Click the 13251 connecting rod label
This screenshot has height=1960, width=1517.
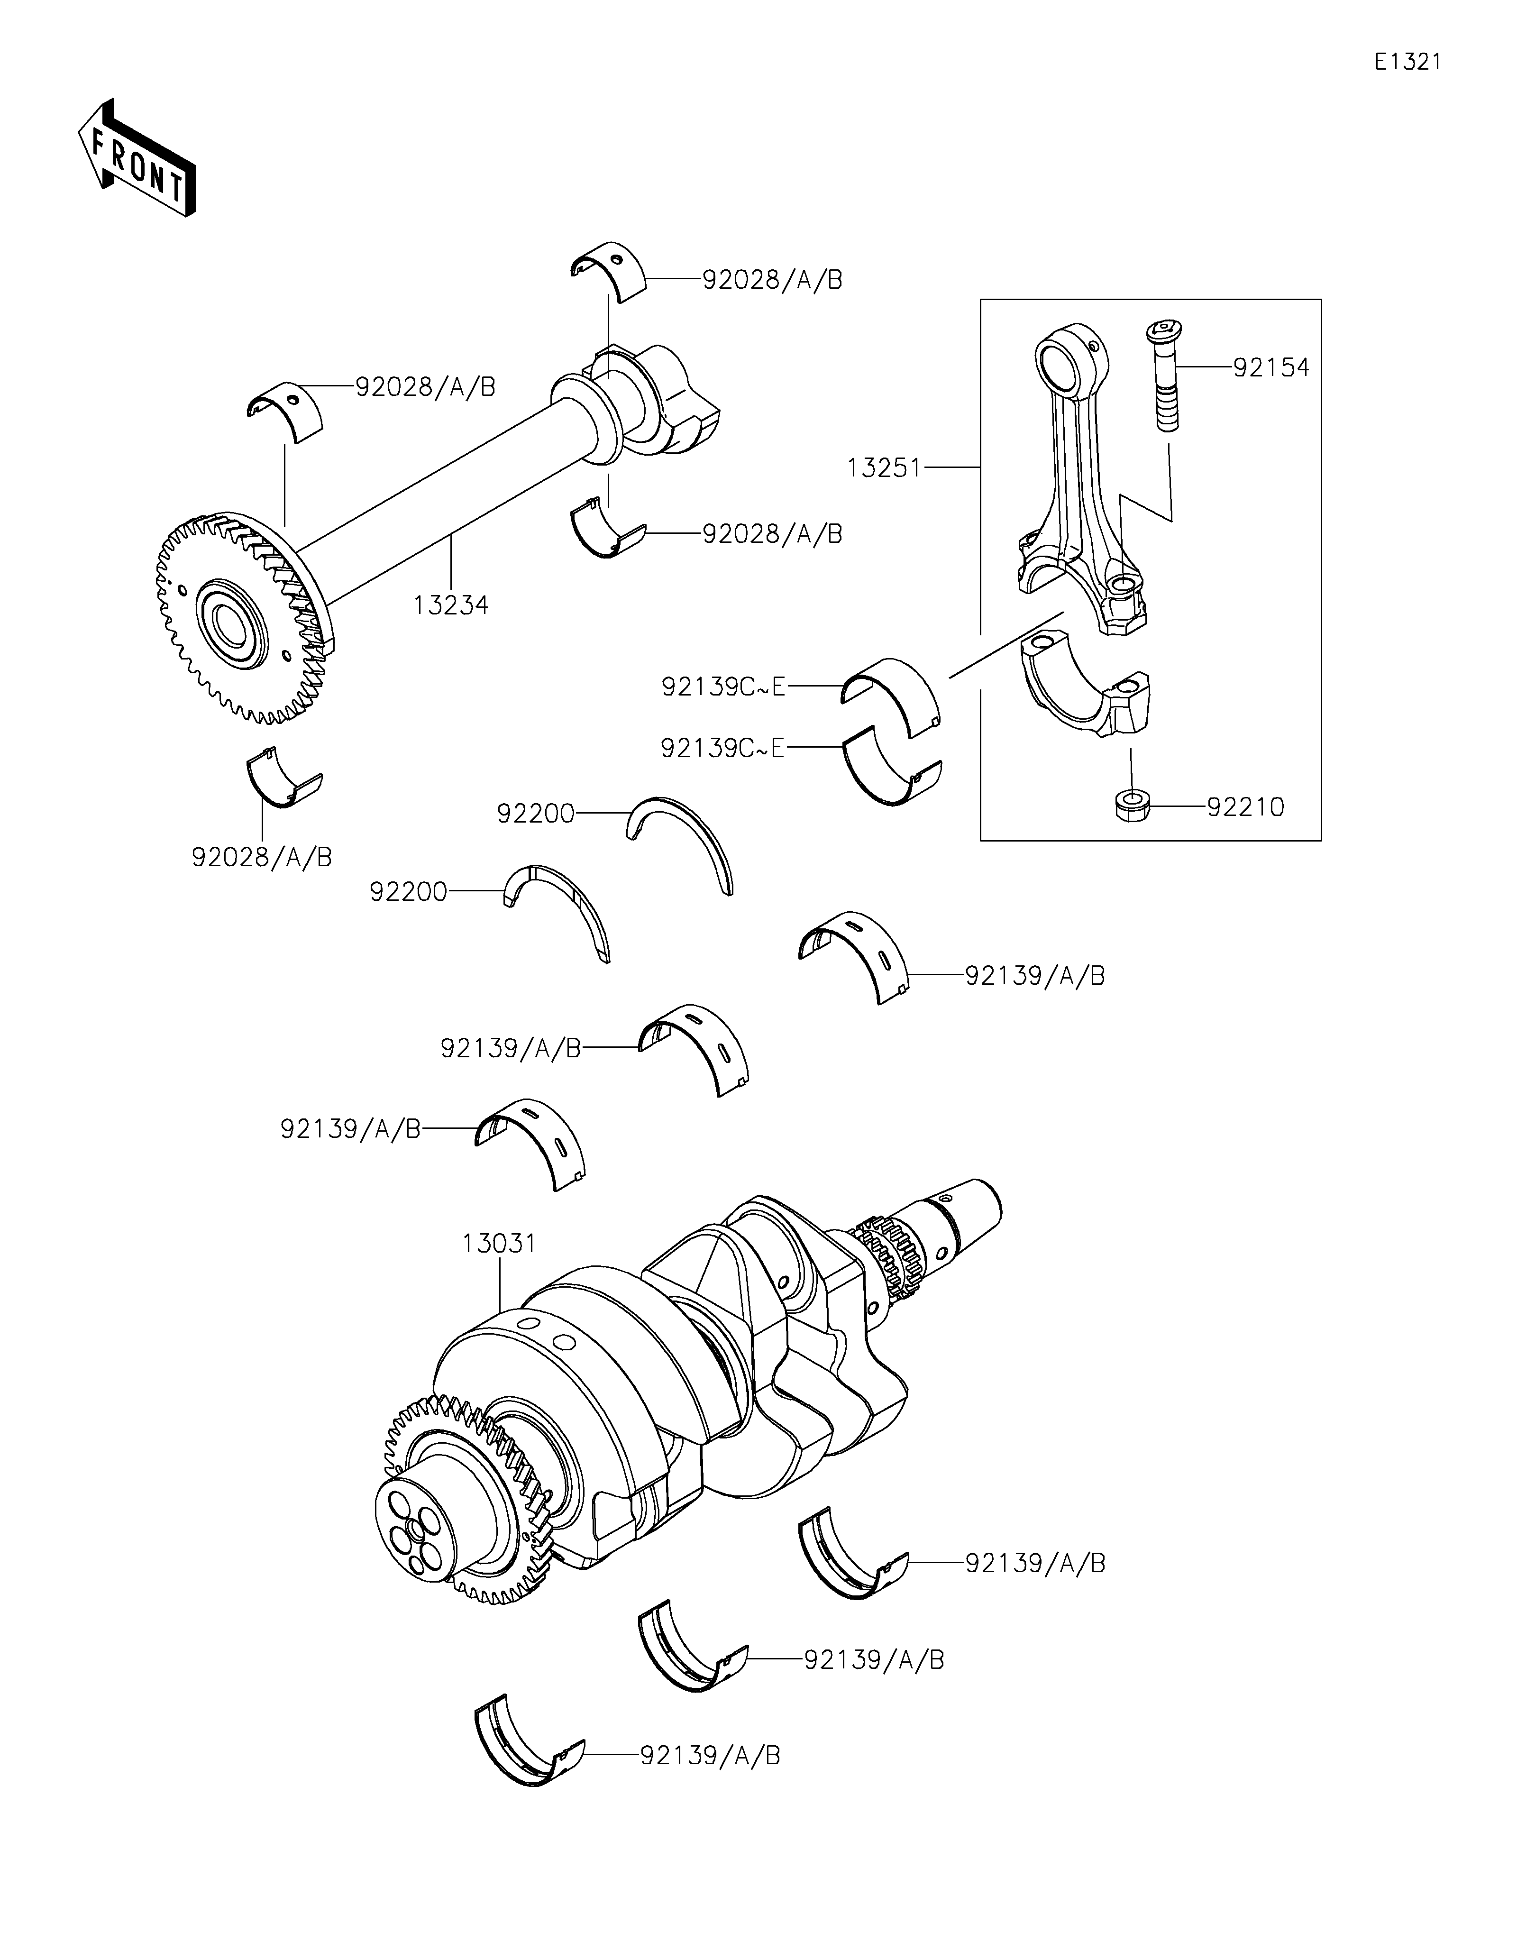coord(885,467)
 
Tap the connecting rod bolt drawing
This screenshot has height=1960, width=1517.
coord(1163,375)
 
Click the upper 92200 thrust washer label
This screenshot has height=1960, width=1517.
coord(536,813)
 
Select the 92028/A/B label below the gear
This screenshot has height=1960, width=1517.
coord(262,857)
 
